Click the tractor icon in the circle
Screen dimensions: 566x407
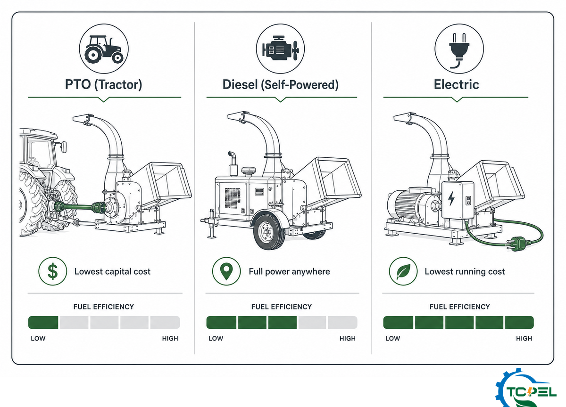click(x=104, y=49)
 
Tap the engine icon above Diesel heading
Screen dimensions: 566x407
click(x=281, y=49)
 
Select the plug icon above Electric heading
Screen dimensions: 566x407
click(x=459, y=51)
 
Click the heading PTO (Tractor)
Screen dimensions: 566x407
click(x=104, y=84)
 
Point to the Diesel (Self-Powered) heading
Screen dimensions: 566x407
click(x=281, y=84)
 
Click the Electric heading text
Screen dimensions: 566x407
click(x=457, y=84)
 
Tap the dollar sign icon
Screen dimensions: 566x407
click(x=53, y=271)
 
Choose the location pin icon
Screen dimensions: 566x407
click(x=226, y=271)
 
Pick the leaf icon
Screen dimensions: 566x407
click(x=403, y=271)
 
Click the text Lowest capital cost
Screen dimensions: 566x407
click(x=112, y=271)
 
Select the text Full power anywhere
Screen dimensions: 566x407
click(x=289, y=271)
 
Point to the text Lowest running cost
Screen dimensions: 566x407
click(x=465, y=271)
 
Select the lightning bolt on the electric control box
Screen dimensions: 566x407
click(x=451, y=199)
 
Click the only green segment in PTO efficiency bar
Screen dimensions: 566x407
click(x=43, y=323)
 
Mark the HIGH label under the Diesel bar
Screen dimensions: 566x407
click(x=348, y=338)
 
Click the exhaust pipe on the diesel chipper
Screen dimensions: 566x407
click(x=233, y=163)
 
